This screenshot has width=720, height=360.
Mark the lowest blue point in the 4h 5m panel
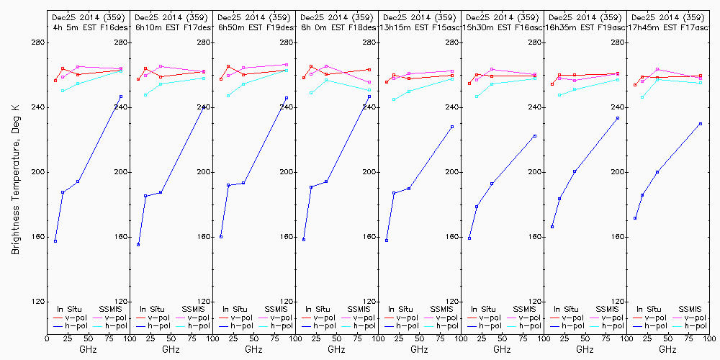coord(55,240)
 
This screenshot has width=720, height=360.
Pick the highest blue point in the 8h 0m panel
coord(369,96)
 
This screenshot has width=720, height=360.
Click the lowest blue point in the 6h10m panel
coord(138,245)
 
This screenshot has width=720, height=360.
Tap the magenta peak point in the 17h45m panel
coord(657,69)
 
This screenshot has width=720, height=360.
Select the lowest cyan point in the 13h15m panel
coord(394,99)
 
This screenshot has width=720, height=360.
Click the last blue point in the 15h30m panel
coord(535,136)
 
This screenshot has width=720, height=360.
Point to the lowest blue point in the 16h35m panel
coord(552,227)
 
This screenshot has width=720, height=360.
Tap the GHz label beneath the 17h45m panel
coord(667,349)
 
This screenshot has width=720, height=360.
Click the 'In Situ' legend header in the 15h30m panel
coord(486,309)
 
